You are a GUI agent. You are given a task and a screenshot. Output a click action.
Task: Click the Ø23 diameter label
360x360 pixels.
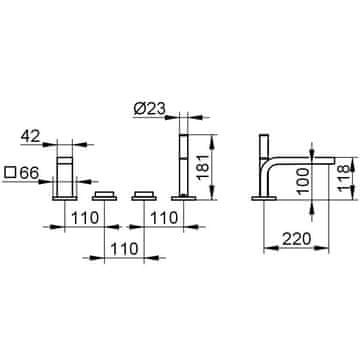[x=150, y=109]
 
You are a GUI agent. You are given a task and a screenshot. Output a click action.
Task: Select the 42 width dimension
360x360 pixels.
[x=30, y=136]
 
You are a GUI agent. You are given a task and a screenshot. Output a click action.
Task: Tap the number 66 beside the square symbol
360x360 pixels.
[x=29, y=173]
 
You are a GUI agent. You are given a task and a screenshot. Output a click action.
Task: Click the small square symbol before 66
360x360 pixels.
[x=10, y=173]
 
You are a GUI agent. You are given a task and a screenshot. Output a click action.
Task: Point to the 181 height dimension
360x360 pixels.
[x=203, y=167]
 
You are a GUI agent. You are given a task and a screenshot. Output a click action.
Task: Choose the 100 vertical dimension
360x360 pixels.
[x=303, y=182]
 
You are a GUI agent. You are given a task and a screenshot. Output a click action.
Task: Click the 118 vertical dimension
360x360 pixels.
[x=344, y=178]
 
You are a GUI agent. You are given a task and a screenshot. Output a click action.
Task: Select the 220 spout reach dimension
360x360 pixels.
[x=297, y=239]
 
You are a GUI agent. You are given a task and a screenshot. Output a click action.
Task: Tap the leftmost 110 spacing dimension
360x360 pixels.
[x=85, y=218]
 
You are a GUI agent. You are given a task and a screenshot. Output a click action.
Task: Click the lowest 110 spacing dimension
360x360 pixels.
[x=124, y=249]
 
